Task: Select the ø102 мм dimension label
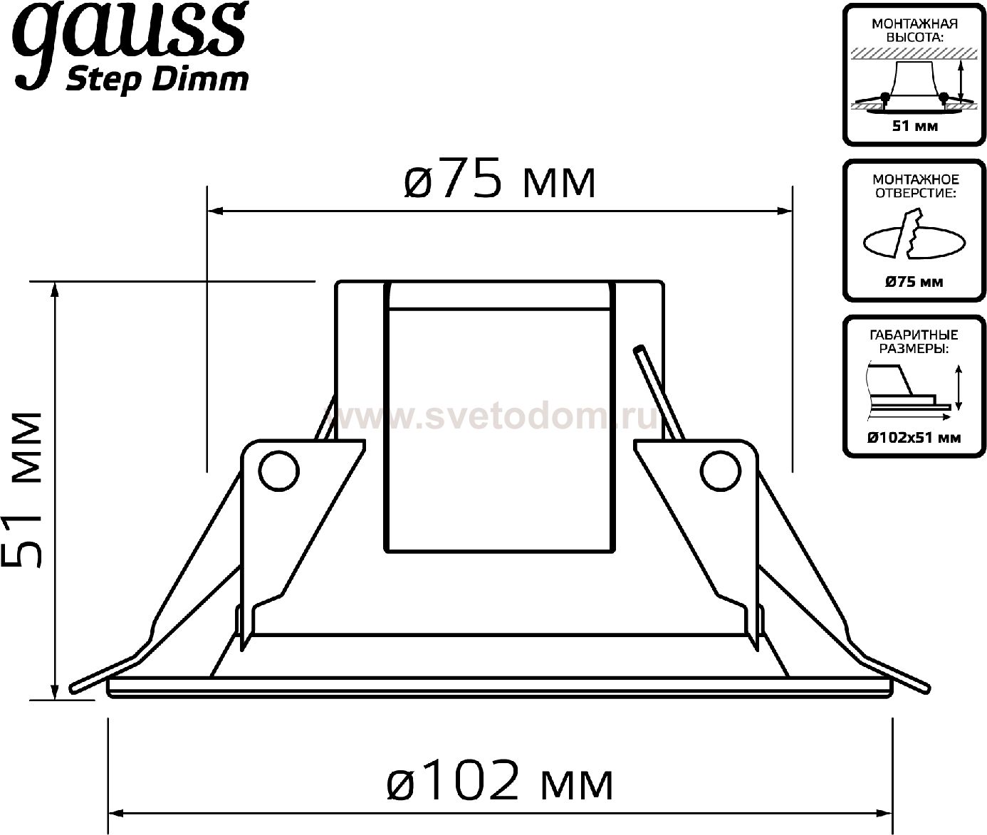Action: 498,782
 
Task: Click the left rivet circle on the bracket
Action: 278,470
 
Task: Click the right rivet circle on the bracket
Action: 721,470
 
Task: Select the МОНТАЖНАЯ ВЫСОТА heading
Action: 914,30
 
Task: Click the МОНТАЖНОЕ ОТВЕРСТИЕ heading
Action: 914,186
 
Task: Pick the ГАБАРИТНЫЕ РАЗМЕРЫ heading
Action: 914,341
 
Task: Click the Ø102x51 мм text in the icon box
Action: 914,438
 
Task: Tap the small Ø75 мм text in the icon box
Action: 914,282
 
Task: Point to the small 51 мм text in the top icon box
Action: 914,127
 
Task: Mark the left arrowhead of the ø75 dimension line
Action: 213,211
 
